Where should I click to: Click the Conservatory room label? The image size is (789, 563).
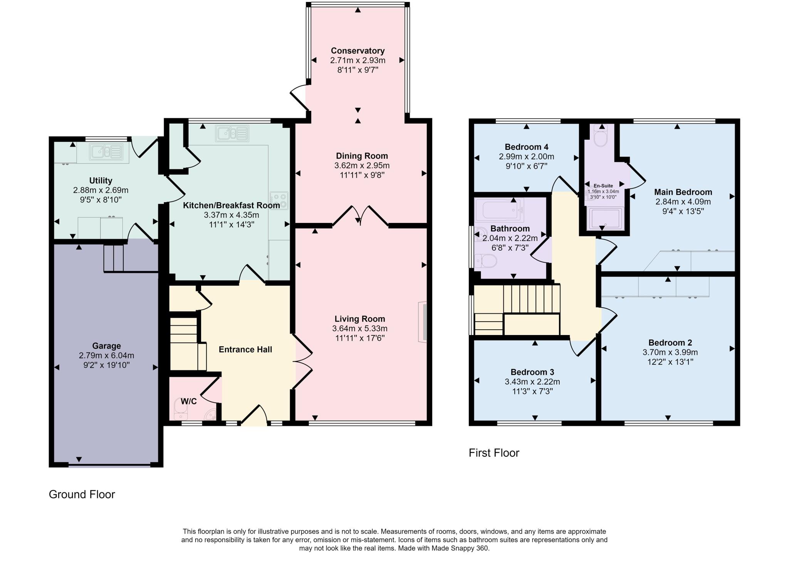coord(358,51)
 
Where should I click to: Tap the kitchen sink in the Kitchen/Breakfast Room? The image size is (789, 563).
coord(232,133)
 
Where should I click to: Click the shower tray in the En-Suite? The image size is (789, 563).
coord(604,218)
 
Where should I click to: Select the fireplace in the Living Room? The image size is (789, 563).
coord(423,322)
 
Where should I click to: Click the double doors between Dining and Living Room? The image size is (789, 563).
coord(360,216)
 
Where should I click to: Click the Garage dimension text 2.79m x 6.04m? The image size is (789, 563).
coord(106,355)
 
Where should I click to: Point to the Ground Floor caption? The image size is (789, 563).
coord(82,494)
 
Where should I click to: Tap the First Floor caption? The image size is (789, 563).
coord(494,453)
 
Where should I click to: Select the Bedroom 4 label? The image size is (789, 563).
coord(526,147)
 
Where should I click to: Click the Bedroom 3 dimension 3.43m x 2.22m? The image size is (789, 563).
coord(532,382)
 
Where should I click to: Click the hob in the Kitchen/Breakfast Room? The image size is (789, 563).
coord(279,200)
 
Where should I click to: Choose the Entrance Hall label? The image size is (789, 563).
coord(245,350)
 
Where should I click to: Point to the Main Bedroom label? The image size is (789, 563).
coord(683,192)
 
